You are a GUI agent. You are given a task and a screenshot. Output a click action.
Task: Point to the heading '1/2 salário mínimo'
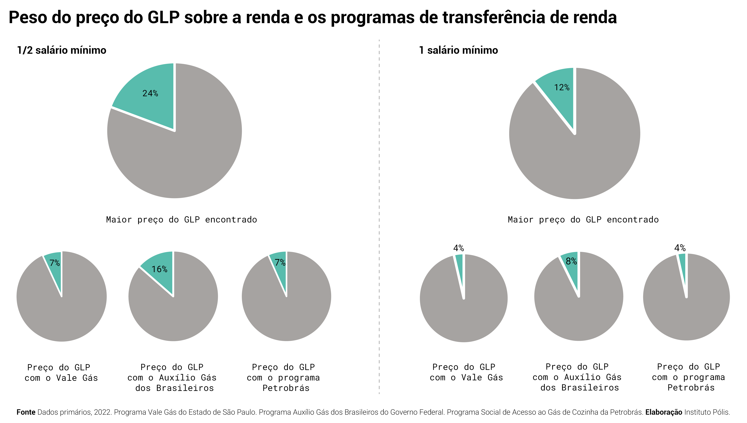(x=62, y=50)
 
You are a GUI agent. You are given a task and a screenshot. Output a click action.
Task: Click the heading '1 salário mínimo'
(x=458, y=50)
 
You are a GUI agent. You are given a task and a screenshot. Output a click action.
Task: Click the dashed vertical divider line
(x=379, y=203)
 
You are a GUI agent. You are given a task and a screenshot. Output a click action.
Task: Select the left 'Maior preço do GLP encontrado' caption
(x=181, y=220)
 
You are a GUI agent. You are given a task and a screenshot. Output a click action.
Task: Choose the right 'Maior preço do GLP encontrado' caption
(x=583, y=220)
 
